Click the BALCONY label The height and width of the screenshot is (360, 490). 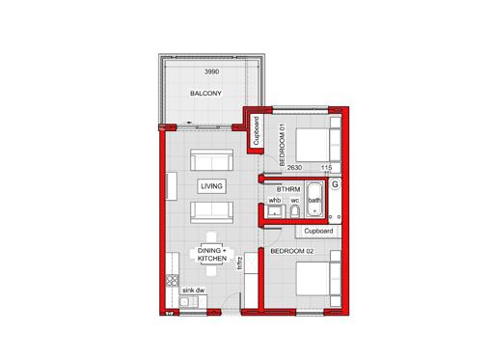tap(205, 94)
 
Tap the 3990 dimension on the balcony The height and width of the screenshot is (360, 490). tap(212, 71)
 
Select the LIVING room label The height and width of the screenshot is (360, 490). tap(211, 186)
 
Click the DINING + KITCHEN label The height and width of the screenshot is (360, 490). tap(212, 255)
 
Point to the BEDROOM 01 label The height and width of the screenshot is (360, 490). tap(283, 145)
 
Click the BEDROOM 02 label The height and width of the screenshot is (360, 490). tap(292, 251)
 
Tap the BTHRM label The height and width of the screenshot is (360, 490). tap(288, 189)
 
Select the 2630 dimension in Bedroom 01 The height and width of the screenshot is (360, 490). tap(294, 167)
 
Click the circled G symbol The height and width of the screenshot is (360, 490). tap(335, 184)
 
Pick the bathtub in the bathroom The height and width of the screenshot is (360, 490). tap(314, 200)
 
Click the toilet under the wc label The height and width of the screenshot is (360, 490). tap(295, 211)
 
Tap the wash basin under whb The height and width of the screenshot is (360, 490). tap(275, 211)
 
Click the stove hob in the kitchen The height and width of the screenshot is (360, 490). tap(173, 281)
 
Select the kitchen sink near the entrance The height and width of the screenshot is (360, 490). tap(188, 302)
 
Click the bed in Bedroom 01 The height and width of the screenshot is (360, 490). tap(318, 145)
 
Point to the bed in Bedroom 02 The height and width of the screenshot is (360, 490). tap(318, 279)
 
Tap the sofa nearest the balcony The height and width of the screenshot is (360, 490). tap(211, 159)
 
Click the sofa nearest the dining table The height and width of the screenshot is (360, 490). tap(211, 212)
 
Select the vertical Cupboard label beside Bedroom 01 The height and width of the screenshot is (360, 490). tap(257, 130)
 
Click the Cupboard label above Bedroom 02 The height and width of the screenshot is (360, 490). tap(318, 231)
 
